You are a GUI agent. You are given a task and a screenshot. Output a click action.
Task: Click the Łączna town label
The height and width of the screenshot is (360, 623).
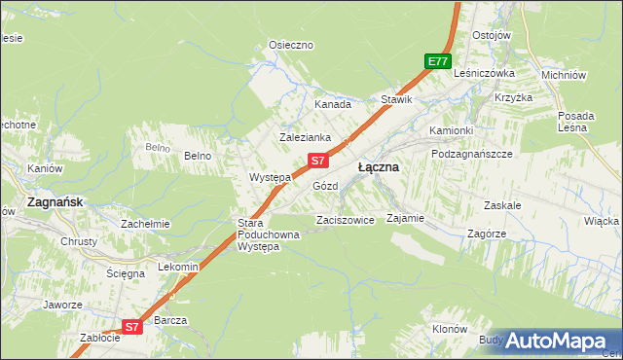tap(378, 167)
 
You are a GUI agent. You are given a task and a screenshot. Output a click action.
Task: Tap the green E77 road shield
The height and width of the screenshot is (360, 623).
tap(438, 61)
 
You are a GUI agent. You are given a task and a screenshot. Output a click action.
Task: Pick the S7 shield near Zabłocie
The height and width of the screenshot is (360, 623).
tap(132, 328)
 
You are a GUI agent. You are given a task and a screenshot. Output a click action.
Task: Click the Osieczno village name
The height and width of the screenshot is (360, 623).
tap(290, 45)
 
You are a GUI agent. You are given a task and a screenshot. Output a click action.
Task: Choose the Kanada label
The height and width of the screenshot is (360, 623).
tap(332, 104)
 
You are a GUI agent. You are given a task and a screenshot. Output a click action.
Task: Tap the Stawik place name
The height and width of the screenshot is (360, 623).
tap(397, 99)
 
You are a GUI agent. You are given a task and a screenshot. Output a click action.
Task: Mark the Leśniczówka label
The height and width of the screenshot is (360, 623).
tap(483, 73)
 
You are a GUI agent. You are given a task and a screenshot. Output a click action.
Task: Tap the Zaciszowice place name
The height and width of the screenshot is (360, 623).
tap(346, 221)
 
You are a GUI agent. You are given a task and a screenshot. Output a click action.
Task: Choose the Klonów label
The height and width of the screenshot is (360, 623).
tap(449, 330)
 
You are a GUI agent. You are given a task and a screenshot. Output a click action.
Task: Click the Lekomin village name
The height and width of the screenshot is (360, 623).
tap(178, 267)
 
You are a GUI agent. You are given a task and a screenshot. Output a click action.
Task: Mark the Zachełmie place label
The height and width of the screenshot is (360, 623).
tap(145, 224)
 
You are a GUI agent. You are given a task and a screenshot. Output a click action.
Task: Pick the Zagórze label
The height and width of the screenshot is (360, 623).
tap(484, 234)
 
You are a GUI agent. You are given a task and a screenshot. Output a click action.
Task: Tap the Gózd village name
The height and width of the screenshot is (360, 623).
tap(324, 186)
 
